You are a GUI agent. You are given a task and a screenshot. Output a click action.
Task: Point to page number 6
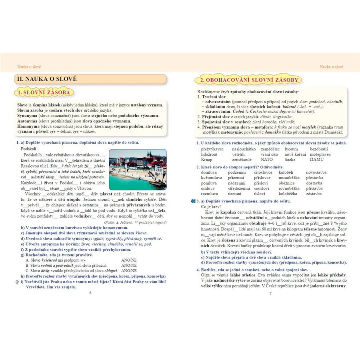click(90, 294)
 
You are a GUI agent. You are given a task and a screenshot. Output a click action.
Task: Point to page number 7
click(270, 294)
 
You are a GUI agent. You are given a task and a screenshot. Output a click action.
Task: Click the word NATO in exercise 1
click(266, 159)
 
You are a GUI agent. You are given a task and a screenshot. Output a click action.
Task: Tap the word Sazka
click(290, 159)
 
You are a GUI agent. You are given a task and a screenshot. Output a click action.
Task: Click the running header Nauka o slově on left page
click(29, 67)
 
